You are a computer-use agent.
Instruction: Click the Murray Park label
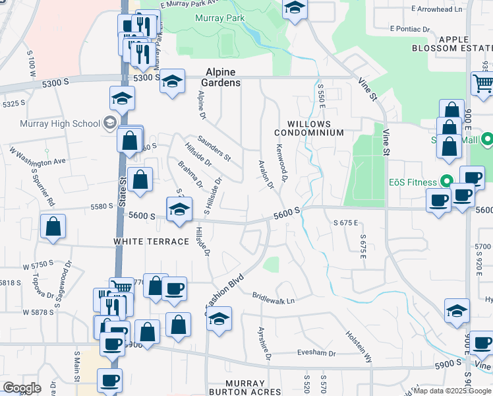click(218, 17)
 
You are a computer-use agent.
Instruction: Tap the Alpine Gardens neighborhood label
click(223, 78)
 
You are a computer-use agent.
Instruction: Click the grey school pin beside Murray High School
click(109, 123)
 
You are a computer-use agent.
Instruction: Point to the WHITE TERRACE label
click(152, 242)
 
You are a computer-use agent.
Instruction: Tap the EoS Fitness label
click(413, 182)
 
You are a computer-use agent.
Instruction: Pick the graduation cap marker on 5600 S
click(179, 209)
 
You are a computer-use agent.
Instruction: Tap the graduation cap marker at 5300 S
click(172, 82)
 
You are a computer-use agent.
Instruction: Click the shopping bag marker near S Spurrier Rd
click(53, 226)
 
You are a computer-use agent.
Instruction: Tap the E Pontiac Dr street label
click(409, 29)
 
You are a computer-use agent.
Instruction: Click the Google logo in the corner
click(22, 388)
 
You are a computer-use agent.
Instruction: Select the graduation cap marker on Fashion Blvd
click(219, 319)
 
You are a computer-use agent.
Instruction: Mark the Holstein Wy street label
click(359, 344)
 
